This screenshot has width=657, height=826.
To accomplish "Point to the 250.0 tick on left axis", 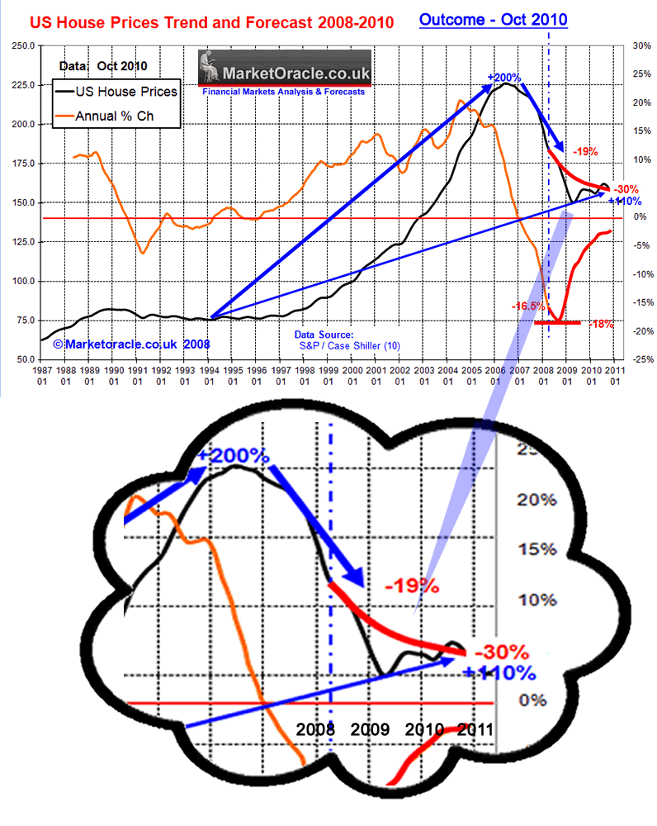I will click(22, 46).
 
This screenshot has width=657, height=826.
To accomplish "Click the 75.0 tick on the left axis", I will click(25, 320).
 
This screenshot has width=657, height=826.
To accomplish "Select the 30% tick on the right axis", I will click(641, 46).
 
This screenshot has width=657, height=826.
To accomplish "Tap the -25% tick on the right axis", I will click(641, 359).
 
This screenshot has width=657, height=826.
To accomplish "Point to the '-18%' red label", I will click(602, 325).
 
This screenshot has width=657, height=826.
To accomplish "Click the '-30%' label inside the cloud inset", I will click(496, 651).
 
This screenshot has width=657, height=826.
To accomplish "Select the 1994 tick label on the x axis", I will click(212, 377).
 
